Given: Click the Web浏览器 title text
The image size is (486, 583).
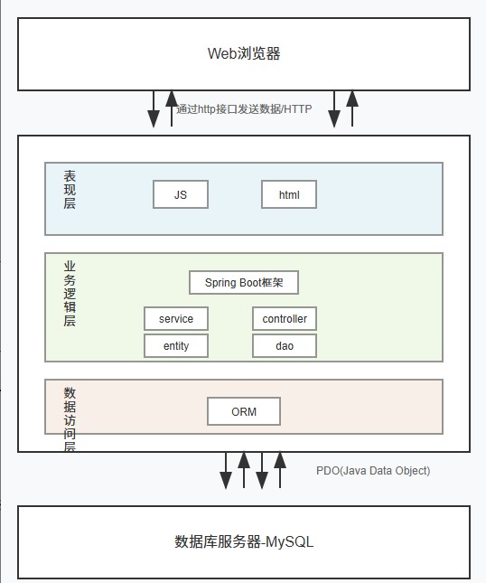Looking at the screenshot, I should tap(244, 53).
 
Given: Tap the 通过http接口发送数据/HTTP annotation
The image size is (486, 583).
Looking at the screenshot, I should tap(244, 109).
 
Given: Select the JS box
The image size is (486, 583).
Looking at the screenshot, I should tap(181, 194).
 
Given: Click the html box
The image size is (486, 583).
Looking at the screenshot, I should tap(289, 194).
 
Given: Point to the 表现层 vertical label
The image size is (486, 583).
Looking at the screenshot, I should tap(70, 190).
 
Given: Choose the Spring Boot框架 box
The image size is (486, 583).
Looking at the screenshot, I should tap(244, 282).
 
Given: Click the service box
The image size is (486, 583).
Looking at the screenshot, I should tap(176, 318).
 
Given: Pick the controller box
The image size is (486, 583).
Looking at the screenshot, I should tap(285, 318).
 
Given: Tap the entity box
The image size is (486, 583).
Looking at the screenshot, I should tap(176, 345).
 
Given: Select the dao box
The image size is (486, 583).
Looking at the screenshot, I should tap(285, 345).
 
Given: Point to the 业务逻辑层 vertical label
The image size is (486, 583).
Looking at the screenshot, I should tap(70, 294).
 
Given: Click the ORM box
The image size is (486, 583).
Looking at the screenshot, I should tap(244, 411).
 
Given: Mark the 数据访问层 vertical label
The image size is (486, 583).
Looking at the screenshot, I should tap(70, 419).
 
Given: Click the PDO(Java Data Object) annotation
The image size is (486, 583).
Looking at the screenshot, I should tap(373, 471).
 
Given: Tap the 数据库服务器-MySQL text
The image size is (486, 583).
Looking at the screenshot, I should tap(244, 542).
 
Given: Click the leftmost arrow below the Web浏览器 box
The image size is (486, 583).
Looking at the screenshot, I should tap(154, 108).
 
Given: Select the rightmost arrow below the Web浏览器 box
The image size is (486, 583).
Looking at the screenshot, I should tap(352, 108).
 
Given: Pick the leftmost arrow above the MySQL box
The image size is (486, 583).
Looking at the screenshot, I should tap(226, 470).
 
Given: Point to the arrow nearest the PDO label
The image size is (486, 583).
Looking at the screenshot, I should tap(280, 470).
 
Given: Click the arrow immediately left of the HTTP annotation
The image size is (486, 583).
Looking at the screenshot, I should tap(171, 108).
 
